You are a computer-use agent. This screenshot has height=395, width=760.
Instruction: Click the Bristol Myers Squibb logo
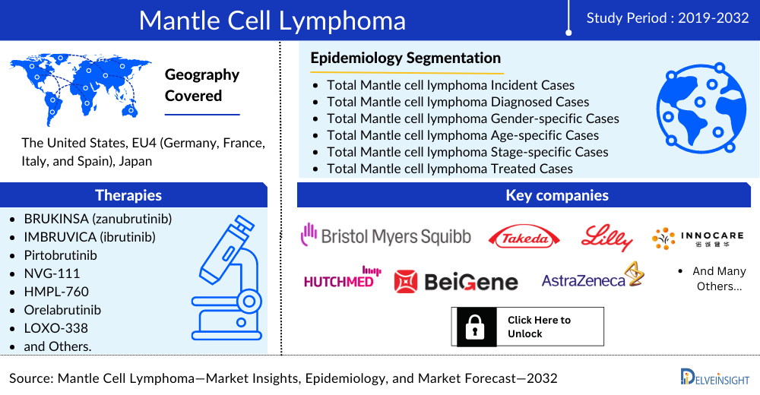click(386, 235)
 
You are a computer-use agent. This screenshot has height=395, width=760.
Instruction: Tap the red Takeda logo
click(524, 238)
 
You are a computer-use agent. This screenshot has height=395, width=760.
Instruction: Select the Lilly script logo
click(606, 238)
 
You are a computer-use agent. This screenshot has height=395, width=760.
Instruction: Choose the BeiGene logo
click(456, 282)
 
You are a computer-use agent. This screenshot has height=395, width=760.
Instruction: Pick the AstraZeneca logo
click(593, 276)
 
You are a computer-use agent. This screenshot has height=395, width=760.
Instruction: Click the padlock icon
click(475, 327)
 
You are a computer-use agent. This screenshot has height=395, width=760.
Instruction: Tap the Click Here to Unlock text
click(539, 327)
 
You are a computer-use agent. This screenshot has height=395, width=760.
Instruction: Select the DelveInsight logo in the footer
click(715, 377)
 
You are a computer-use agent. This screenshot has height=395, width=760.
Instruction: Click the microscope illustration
click(226, 278)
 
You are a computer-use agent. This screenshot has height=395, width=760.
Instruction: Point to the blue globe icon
click(701, 108)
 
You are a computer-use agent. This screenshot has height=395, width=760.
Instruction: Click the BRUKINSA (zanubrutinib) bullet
click(98, 219)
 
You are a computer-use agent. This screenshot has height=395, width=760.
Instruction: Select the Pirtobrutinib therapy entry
click(61, 255)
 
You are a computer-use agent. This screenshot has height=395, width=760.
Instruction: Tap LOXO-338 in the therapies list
click(55, 328)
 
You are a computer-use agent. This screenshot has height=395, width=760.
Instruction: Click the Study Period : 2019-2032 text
click(667, 18)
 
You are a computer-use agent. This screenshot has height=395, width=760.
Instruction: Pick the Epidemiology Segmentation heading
click(406, 58)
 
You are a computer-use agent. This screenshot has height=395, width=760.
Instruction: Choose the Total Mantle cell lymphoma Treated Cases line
click(450, 169)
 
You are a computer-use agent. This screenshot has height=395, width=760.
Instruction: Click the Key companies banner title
click(557, 194)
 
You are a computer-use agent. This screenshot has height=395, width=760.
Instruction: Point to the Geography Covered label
click(202, 85)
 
